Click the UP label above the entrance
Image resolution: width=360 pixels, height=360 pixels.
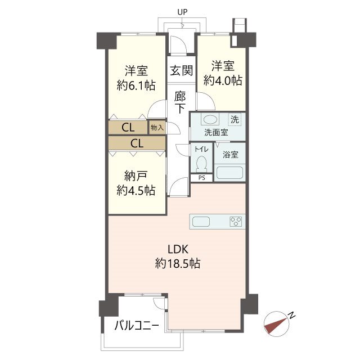point(182,12)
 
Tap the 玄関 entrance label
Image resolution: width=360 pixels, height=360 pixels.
point(181,70)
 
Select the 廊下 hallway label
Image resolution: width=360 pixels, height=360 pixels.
point(180,102)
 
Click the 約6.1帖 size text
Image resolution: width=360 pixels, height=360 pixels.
point(136,85)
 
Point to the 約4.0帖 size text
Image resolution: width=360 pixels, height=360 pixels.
point(223,80)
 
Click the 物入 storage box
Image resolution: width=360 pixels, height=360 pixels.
point(157,127)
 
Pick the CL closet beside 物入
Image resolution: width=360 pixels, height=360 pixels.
point(128,127)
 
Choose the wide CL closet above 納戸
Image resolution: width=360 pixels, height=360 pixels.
point(137,143)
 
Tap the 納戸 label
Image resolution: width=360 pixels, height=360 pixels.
point(136,176)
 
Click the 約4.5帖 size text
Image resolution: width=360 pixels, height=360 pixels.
point(136,190)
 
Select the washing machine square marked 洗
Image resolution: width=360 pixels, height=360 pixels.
point(235,119)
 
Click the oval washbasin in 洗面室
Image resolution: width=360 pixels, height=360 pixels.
point(210,119)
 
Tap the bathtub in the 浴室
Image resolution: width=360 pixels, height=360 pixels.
point(229,173)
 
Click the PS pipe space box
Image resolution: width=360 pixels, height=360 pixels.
point(202,178)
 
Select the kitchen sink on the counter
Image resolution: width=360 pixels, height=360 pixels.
point(201,222)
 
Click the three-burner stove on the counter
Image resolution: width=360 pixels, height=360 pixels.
point(236,222)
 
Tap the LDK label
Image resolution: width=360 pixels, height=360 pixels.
point(178,249)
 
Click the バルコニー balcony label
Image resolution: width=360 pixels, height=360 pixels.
point(137,325)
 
